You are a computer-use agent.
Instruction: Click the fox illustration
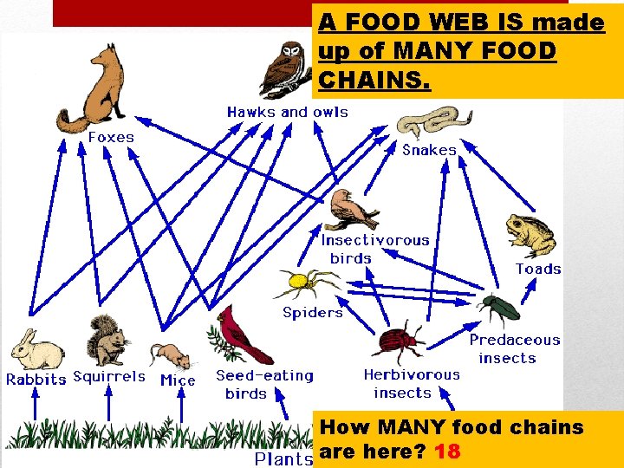pos(94,87)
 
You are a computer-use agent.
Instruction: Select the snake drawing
pos(433,121)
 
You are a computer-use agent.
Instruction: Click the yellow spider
pos(303,283)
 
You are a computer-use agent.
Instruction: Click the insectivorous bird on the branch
pos(354,209)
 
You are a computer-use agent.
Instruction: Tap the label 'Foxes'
pos(111,137)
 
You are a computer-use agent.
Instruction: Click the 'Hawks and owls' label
pos(287,112)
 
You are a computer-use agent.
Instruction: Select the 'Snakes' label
pos(429,150)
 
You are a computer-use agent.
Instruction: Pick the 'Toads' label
pos(538,269)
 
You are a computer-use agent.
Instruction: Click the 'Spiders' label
pos(313,312)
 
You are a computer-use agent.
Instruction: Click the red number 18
pos(448,452)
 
